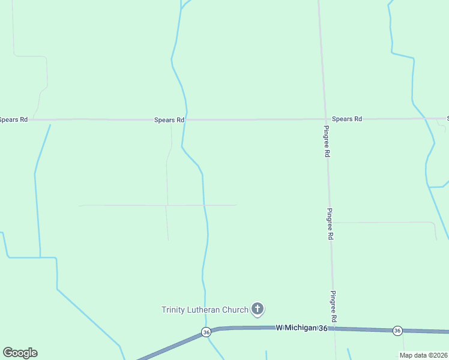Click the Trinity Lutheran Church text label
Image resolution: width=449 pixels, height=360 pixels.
204,310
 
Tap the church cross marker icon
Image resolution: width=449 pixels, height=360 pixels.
258,309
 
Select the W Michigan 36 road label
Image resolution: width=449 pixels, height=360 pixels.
302,328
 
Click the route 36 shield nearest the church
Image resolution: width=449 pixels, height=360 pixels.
206,332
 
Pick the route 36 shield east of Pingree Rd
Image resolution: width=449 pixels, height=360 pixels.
397,331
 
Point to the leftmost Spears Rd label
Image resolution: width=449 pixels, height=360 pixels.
13,119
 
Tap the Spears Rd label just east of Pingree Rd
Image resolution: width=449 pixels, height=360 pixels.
347,119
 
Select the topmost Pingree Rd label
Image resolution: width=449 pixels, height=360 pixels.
326,142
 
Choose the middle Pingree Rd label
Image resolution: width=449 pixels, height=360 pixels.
330,224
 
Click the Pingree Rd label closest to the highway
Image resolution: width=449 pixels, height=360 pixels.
333,307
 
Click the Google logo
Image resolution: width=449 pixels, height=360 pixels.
20,353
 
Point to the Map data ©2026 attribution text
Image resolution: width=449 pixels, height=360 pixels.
423,355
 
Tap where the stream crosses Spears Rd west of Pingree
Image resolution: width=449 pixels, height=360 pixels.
186,119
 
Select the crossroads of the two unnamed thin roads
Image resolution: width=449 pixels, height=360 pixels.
166,205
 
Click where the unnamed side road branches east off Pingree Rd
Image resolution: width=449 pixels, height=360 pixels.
330,223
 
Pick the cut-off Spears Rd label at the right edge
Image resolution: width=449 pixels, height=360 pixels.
447,118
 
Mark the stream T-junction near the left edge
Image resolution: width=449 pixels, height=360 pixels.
40,257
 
